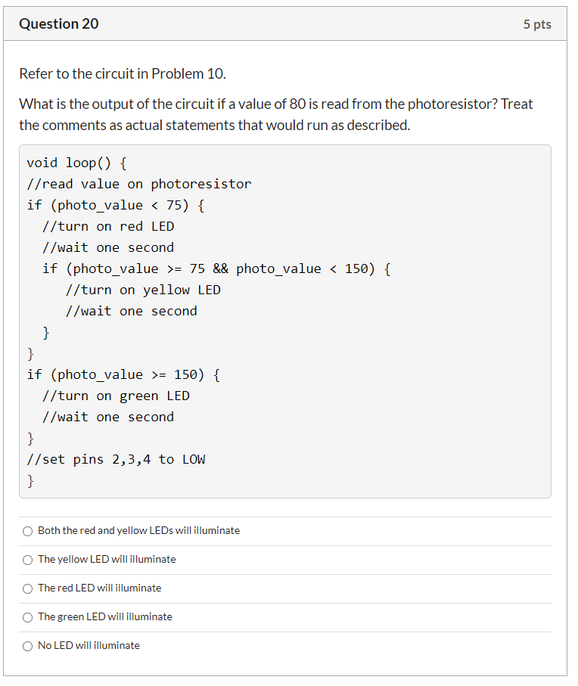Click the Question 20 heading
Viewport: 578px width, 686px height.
(58, 23)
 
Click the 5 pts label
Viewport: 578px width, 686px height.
(537, 24)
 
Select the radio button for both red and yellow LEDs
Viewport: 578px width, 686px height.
(27, 531)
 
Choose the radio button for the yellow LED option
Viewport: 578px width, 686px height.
(27, 560)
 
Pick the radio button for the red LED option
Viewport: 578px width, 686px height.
(27, 589)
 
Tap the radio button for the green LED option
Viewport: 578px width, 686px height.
(27, 617)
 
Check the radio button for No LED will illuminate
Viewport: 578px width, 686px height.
(27, 646)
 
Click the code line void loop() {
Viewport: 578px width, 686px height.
(77, 163)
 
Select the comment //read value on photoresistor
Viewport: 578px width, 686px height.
(139, 185)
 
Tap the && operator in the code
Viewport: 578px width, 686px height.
(220, 269)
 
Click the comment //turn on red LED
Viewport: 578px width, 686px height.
(108, 226)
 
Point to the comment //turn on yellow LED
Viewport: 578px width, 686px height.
(143, 290)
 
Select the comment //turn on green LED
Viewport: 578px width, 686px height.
(116, 396)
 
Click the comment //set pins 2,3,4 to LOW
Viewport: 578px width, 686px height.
(116, 459)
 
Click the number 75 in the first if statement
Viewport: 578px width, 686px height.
(174, 205)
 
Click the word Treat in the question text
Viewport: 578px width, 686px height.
(516, 104)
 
